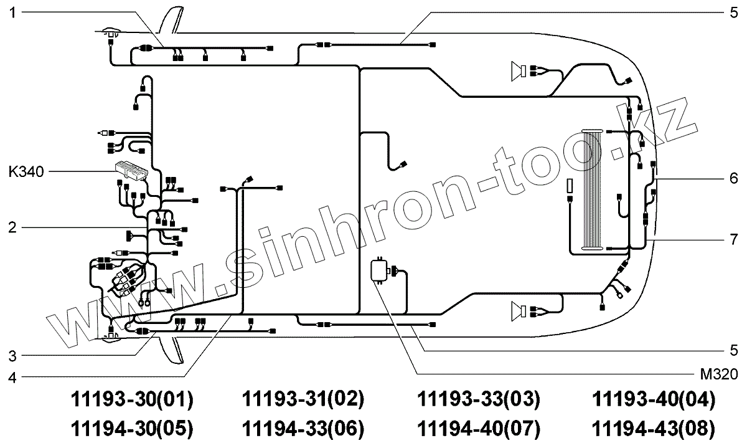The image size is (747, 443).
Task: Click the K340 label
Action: point(26,172)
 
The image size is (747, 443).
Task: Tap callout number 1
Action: point(12,13)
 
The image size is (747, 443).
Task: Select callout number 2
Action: point(12,227)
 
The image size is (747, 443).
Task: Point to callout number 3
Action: point(12,356)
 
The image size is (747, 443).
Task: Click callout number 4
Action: point(12,378)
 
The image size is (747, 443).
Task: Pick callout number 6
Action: point(734,179)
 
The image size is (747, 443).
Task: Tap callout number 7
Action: point(734,240)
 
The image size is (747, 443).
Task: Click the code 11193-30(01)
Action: point(132,399)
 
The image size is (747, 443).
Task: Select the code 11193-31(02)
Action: point(303,399)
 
